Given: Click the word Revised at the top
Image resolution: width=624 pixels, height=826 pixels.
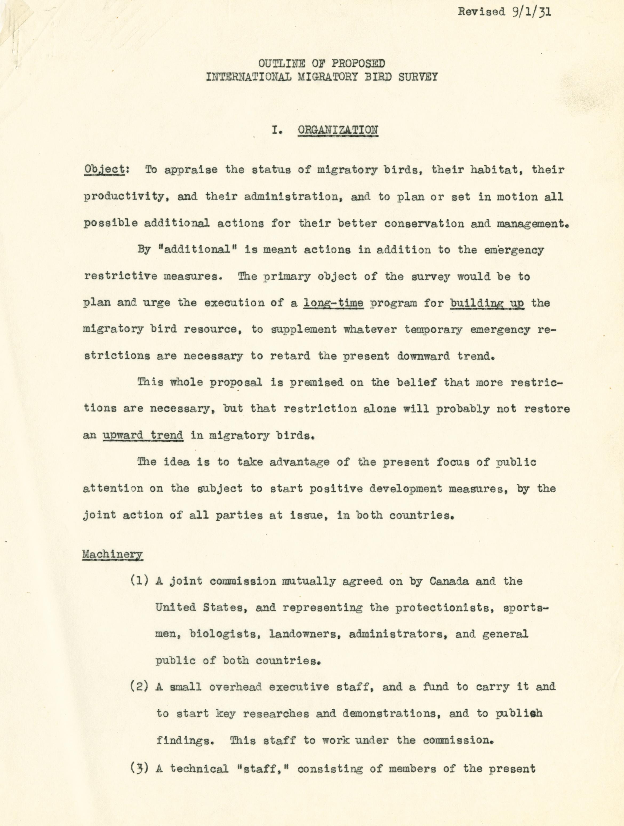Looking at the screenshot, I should click(x=481, y=12).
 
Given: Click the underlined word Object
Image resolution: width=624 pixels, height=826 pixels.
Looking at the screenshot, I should click(x=104, y=170).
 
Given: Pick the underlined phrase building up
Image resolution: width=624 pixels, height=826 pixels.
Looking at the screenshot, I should click(x=487, y=302).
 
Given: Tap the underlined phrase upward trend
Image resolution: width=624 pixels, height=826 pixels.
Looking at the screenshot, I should click(x=143, y=436).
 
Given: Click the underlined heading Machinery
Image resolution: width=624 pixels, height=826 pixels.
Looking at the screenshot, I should click(x=113, y=554).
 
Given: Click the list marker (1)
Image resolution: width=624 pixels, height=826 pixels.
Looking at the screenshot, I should click(x=140, y=581).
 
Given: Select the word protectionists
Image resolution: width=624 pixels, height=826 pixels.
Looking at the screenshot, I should click(x=441, y=608).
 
